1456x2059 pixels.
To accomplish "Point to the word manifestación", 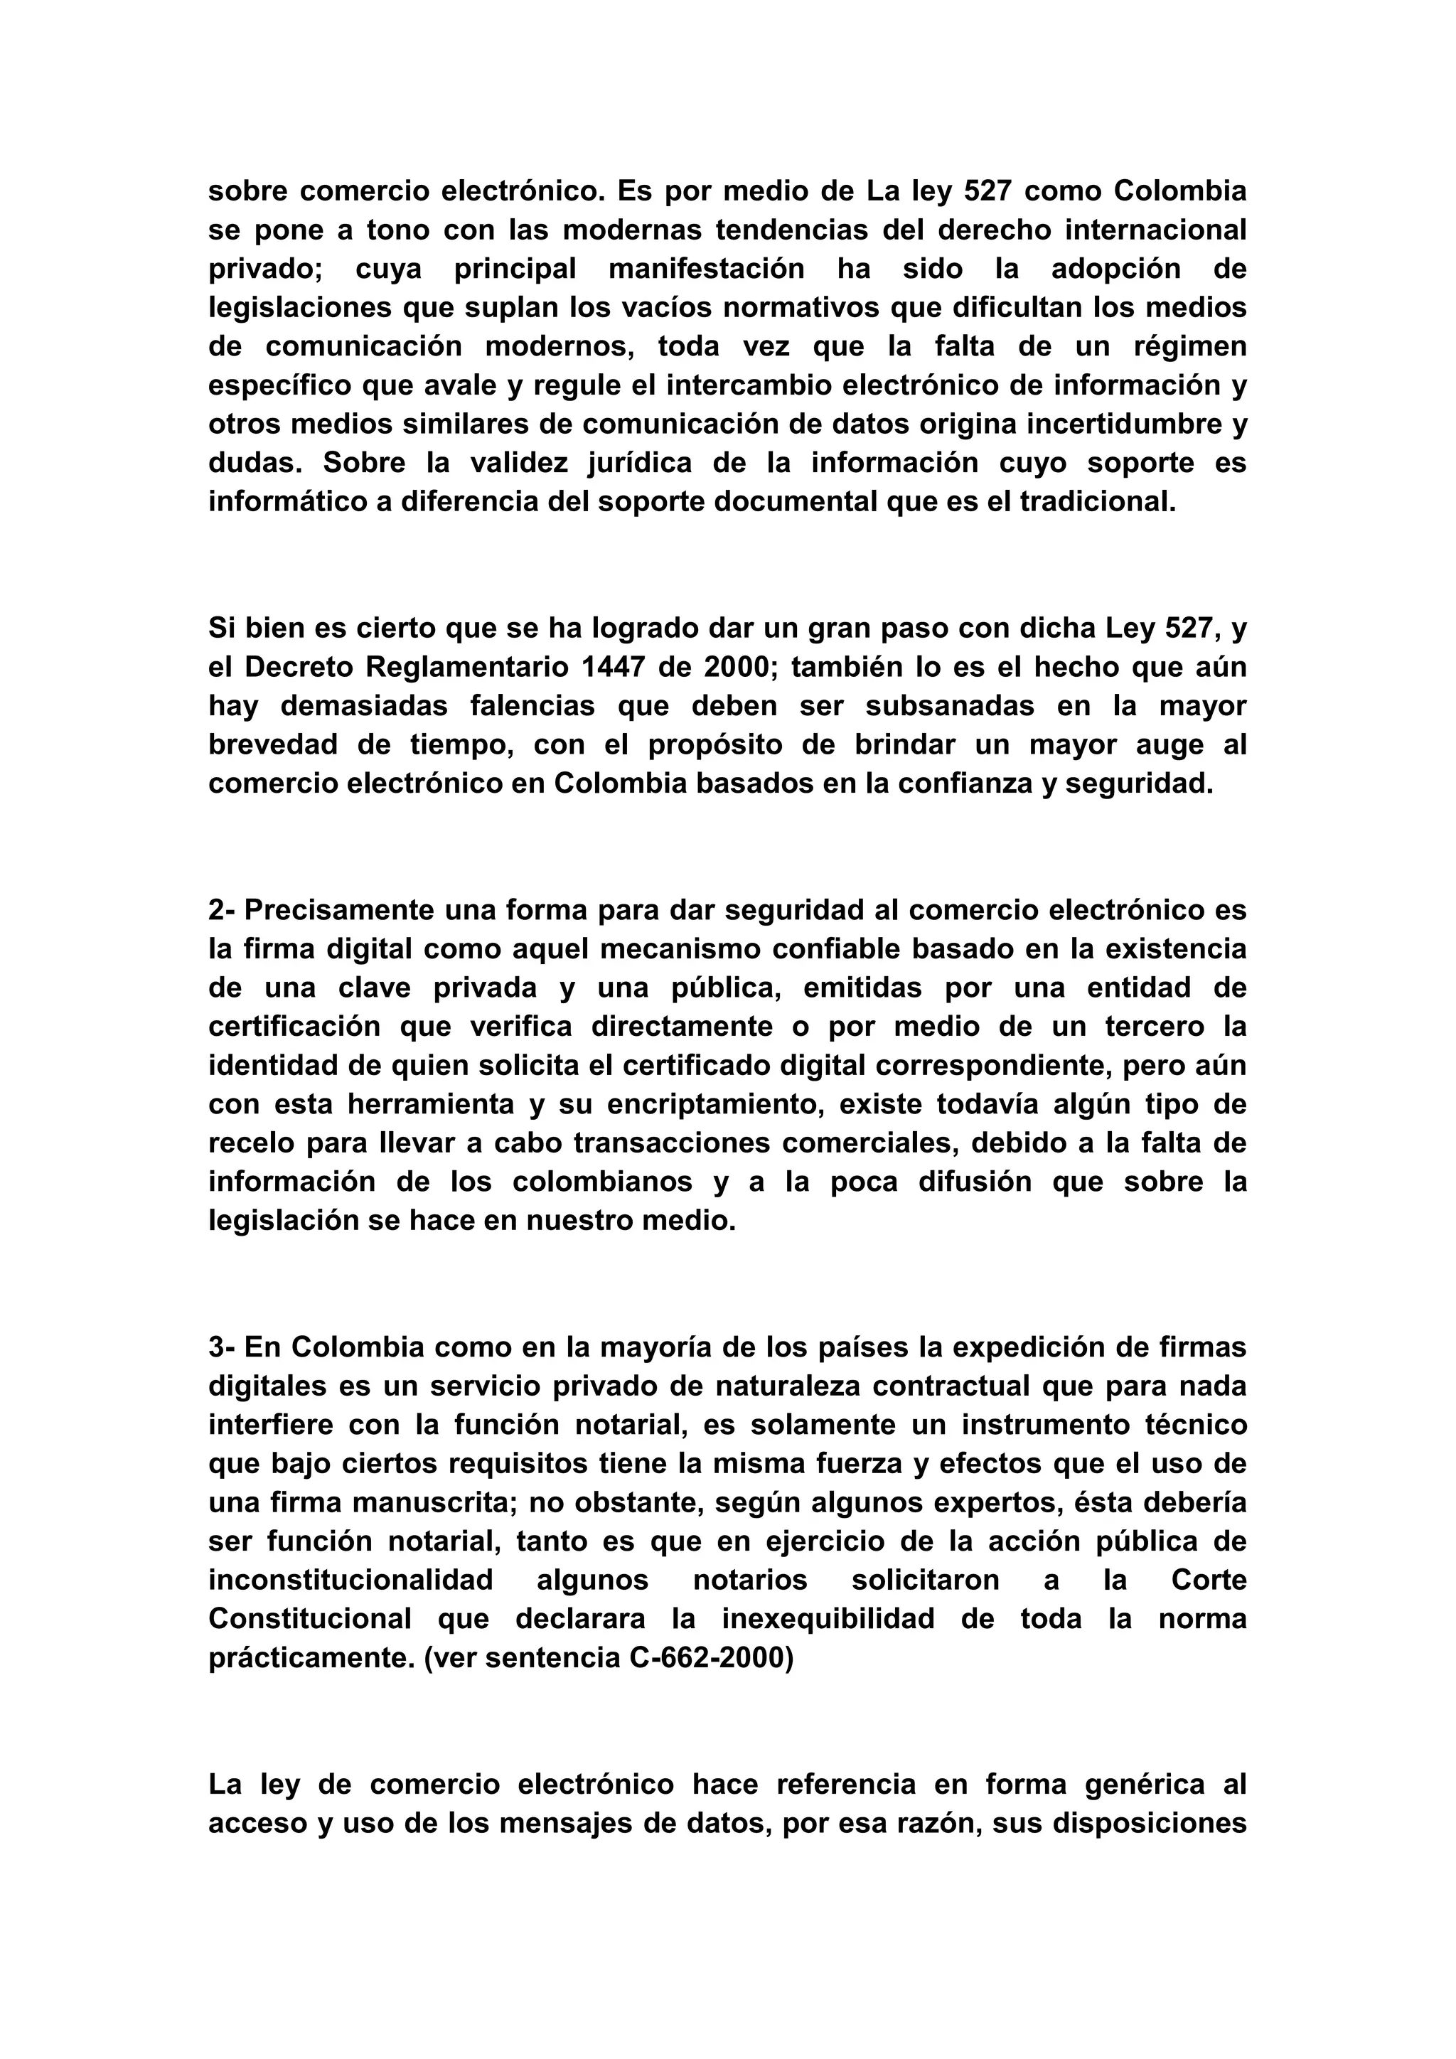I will click(x=707, y=269).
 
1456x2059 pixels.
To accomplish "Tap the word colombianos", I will click(x=602, y=1182).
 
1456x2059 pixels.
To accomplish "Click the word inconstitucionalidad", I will click(x=350, y=1580).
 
